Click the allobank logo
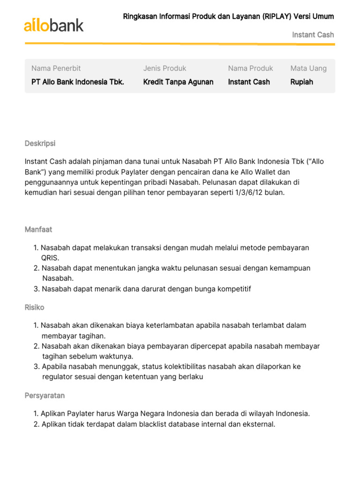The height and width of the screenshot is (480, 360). (x=54, y=25)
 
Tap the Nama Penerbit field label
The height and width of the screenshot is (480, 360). (x=56, y=68)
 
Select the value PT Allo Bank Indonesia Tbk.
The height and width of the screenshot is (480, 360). (x=78, y=82)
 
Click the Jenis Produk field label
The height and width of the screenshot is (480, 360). (x=165, y=68)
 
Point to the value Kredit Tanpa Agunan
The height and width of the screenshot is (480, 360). (x=178, y=82)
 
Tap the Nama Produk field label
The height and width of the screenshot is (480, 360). (x=250, y=68)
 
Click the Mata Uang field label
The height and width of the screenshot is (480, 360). (x=308, y=68)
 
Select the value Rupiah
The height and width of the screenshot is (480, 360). (x=302, y=82)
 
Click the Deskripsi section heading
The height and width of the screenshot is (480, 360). (x=40, y=143)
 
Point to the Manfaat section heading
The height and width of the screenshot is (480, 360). (x=38, y=230)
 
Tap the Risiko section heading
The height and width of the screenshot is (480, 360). (x=35, y=307)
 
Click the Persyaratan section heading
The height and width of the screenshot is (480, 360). (x=45, y=396)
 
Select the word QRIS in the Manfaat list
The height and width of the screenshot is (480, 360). (x=50, y=258)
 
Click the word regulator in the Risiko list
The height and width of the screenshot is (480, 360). (x=57, y=377)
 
